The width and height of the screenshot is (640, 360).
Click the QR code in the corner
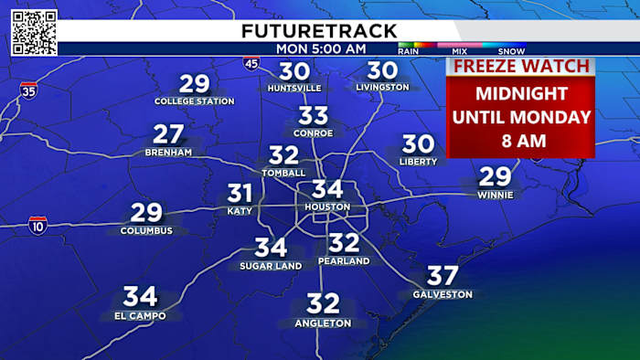tap(35, 33)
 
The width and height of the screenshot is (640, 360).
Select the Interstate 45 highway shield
tap(251, 63)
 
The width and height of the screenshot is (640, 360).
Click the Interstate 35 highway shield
tap(28, 91)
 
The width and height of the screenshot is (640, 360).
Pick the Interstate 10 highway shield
tap(37, 224)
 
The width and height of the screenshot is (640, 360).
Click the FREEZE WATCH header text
tap(520, 66)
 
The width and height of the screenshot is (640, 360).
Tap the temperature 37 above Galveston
tap(443, 276)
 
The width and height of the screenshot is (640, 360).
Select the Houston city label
tap(327, 207)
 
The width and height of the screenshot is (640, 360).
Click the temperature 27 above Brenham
tap(169, 134)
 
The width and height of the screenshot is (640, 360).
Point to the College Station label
tap(194, 101)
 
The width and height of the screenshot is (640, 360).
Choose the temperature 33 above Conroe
tap(314, 116)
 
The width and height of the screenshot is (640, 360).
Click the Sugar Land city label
tap(271, 266)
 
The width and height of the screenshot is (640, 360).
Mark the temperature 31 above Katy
tap(240, 194)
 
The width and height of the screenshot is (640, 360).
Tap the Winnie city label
tap(496, 195)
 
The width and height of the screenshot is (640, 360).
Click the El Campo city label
tap(140, 316)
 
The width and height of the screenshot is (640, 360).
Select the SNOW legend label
tap(512, 51)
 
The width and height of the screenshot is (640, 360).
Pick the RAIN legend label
tap(410, 51)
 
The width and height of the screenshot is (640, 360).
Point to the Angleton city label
tap(323, 323)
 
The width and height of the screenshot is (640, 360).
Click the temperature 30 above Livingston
tap(383, 70)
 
